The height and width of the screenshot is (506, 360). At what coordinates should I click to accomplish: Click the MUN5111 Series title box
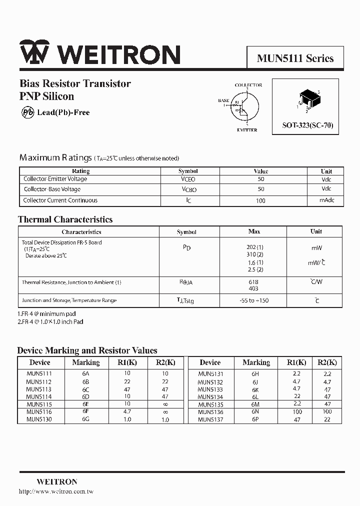click(x=295, y=58)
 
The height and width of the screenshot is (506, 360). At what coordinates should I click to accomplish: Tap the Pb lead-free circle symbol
click(x=27, y=112)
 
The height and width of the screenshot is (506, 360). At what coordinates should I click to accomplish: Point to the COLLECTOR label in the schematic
click(x=248, y=85)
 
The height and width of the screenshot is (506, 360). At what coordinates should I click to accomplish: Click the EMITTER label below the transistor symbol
click(x=247, y=130)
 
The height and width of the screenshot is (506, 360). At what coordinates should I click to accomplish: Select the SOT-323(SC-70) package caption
click(x=307, y=126)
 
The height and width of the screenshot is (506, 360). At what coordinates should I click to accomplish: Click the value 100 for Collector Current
click(x=260, y=200)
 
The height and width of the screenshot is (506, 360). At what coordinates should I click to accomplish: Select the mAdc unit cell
click(x=326, y=200)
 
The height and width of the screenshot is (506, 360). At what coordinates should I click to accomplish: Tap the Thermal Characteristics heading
click(x=65, y=219)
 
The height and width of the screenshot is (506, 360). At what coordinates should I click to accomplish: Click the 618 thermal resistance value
click(x=253, y=282)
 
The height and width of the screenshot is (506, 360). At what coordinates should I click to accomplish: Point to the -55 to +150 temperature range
click(x=254, y=300)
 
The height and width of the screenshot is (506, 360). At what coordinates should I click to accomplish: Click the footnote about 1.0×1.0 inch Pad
click(x=50, y=321)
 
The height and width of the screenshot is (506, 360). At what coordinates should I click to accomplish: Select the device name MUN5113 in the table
click(x=39, y=389)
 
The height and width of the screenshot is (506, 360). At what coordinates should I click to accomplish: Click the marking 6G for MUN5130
click(x=85, y=419)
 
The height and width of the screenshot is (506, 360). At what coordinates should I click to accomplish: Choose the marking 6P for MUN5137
click(x=255, y=419)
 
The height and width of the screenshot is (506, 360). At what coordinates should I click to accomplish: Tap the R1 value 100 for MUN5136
click(x=297, y=412)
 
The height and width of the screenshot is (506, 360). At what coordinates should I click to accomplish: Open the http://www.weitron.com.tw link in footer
click(x=56, y=491)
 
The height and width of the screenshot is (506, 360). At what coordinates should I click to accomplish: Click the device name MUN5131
click(x=210, y=373)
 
